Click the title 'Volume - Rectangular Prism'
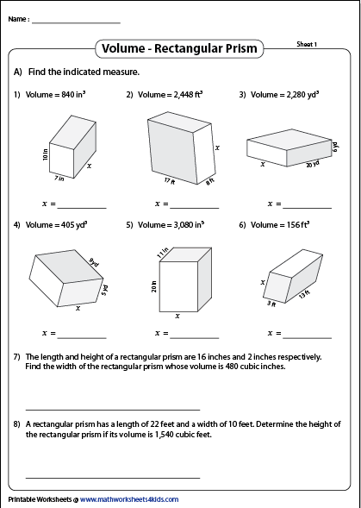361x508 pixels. pos(179,48)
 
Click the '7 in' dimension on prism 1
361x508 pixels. pos(59,179)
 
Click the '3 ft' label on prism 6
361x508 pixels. pos(271,304)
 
